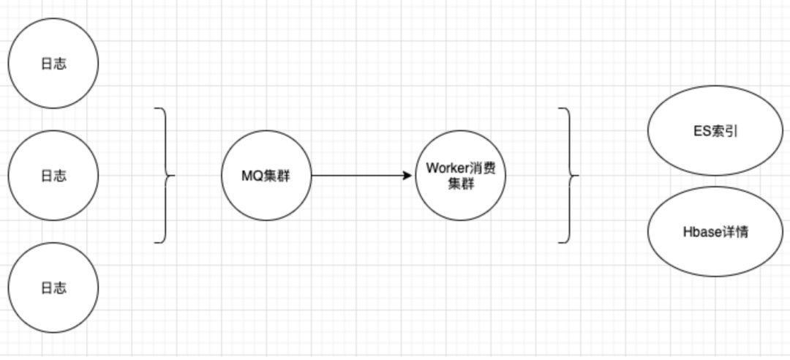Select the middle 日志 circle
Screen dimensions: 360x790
click(53, 176)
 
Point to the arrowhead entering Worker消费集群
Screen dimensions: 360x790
click(408, 176)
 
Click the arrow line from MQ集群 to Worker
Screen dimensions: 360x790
click(358, 176)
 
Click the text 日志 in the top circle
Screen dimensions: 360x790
click(53, 64)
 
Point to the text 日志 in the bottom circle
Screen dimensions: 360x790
click(53, 288)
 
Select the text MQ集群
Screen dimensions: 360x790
click(266, 176)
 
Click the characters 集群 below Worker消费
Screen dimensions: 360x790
click(461, 184)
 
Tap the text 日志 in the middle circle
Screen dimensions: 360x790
click(53, 176)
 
